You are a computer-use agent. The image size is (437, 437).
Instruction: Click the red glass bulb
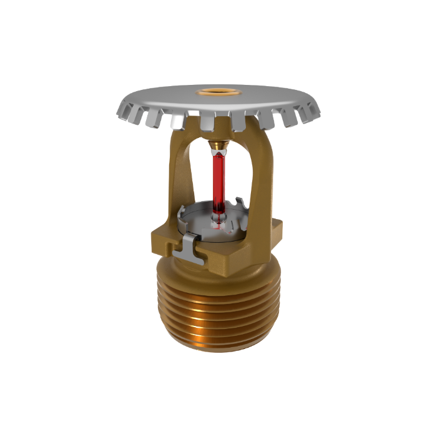pos(219,181)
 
